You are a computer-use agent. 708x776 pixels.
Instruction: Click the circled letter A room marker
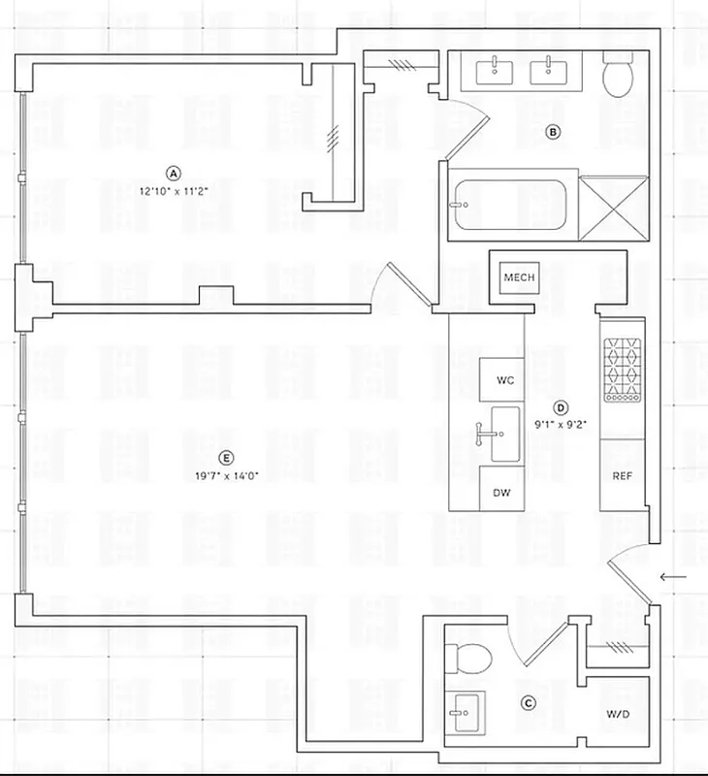click(174, 173)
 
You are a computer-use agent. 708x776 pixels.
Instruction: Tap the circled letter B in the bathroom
click(553, 132)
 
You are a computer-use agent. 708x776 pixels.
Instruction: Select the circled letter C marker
click(529, 703)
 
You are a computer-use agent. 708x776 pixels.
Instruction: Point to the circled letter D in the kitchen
click(560, 408)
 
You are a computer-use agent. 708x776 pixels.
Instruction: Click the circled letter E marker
click(226, 458)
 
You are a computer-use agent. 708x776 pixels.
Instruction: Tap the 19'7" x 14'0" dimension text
click(226, 475)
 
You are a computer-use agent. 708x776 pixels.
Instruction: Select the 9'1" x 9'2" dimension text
click(560, 425)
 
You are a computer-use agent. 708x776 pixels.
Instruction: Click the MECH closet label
click(519, 278)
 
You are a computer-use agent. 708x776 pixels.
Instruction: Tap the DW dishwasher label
click(501, 493)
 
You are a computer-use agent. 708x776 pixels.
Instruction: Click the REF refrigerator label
click(622, 476)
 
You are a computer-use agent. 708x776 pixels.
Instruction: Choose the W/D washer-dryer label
click(618, 714)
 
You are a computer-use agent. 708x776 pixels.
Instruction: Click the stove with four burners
click(622, 370)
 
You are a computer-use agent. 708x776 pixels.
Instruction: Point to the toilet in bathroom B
click(618, 75)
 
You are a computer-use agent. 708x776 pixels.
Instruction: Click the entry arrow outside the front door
click(672, 579)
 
